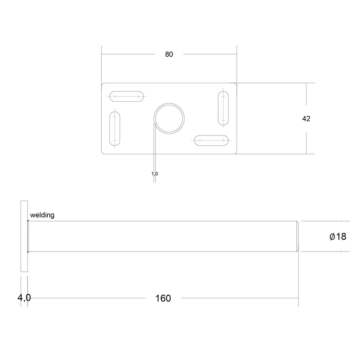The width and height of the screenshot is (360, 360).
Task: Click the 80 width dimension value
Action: [169, 54]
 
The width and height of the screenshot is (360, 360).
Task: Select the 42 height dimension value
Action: [306, 119]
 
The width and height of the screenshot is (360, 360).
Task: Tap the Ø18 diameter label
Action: [338, 236]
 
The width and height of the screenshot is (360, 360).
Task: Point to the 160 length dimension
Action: [162, 298]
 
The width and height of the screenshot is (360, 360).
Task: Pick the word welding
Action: [42, 215]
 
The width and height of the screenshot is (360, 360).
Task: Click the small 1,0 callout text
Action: [155, 173]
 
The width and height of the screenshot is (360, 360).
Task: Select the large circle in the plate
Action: [170, 117]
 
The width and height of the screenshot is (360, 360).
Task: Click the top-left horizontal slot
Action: [127, 97]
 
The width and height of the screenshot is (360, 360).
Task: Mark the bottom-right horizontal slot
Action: [211, 141]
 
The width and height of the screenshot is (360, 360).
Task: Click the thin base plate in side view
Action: [24, 236]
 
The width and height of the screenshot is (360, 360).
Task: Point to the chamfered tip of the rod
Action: [298, 236]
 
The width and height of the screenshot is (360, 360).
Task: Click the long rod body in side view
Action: [162, 236]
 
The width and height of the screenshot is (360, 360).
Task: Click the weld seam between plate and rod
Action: [29, 236]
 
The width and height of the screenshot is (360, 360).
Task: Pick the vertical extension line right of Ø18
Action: [349, 236]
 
